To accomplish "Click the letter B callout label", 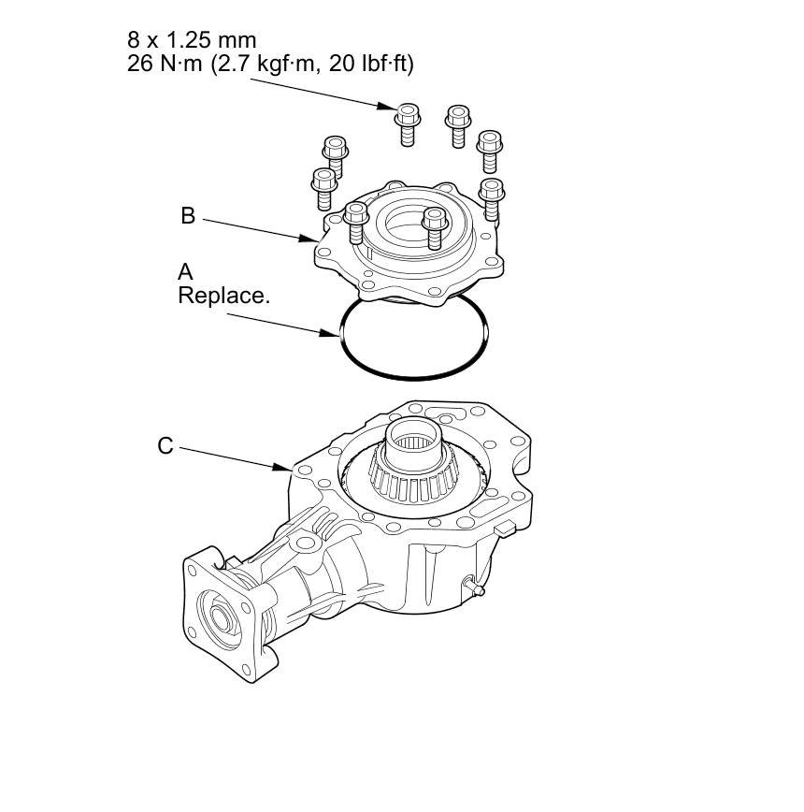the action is click(x=188, y=215).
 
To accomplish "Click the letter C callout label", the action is click(x=165, y=446).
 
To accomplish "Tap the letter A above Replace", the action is click(x=185, y=271).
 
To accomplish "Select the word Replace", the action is click(x=224, y=296).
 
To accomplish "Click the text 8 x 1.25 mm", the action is click(x=192, y=40).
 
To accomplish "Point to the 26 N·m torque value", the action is click(x=165, y=64).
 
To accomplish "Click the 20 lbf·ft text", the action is click(x=371, y=65).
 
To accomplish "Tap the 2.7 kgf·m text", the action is click(x=266, y=65).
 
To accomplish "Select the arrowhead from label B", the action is click(x=309, y=239).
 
